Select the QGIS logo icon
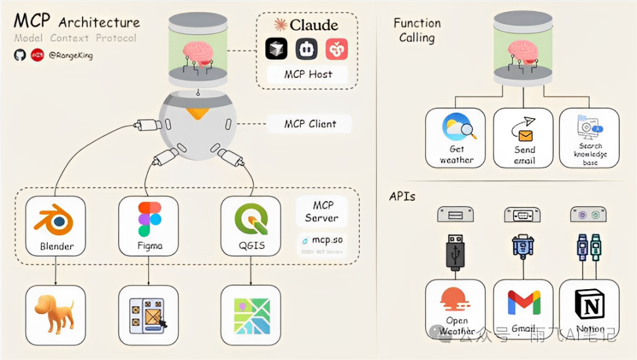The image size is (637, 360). coord(252,220)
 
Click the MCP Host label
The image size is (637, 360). coord(308,74)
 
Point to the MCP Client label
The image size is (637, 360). coord(310,123)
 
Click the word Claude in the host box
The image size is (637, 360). coord(314,26)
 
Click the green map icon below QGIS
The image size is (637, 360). coord(252,315)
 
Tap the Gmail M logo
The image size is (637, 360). coord(524,302)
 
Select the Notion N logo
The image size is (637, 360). coord(590,304)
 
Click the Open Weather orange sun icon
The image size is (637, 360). coord(456,300)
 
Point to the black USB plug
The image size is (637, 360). coord(455,252)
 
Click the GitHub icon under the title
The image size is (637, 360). coord(20,55)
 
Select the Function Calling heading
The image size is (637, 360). coord(417,30)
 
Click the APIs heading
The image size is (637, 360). coord(402,196)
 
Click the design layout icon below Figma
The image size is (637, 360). coord(149,315)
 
